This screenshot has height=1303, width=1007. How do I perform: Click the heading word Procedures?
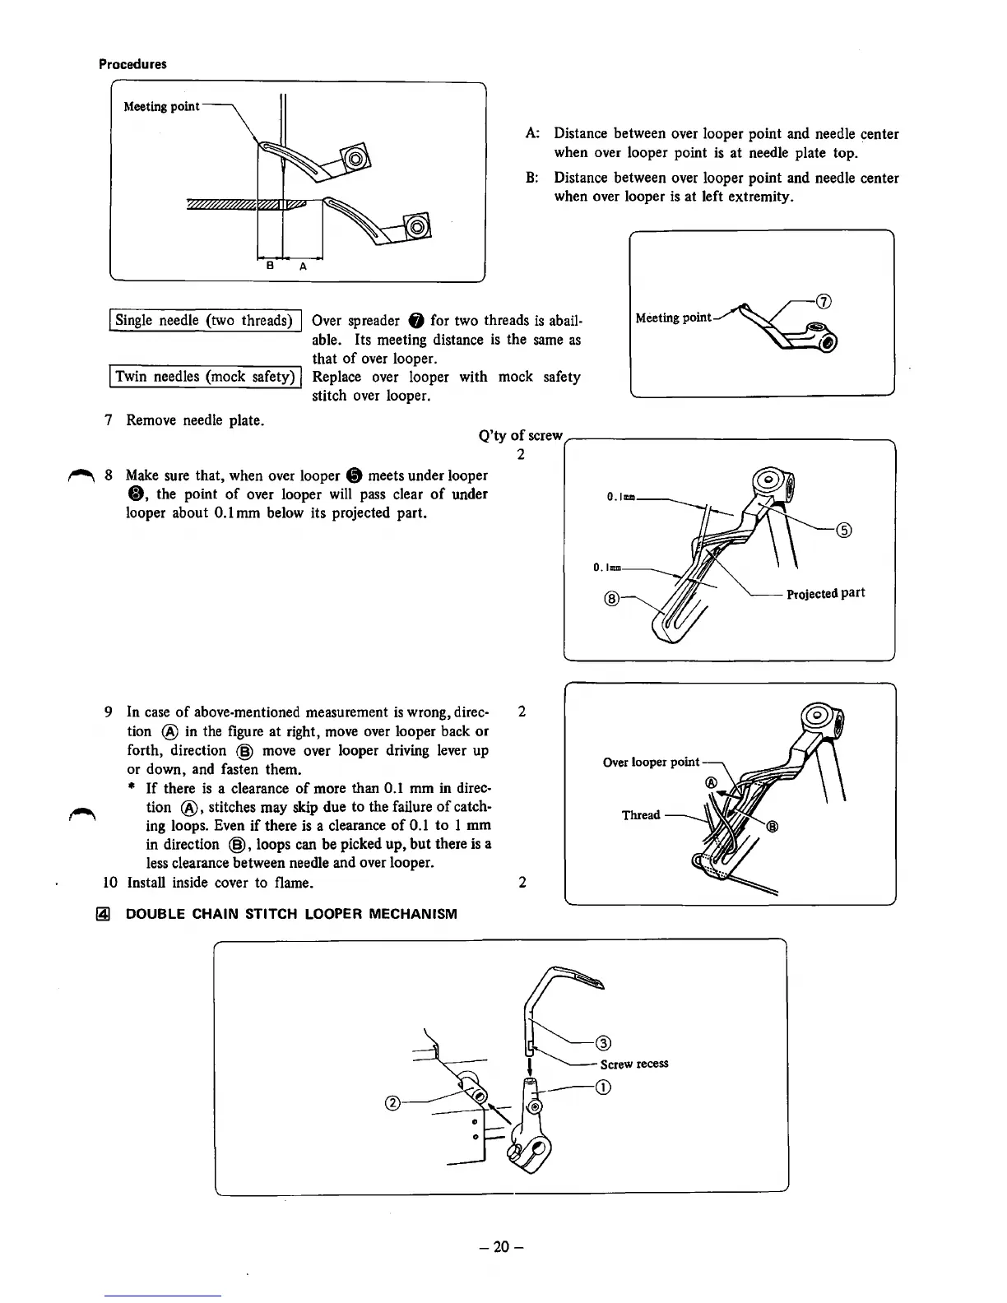(132, 64)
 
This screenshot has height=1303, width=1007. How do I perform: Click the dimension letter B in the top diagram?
(269, 267)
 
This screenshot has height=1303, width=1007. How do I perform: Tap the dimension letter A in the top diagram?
(303, 267)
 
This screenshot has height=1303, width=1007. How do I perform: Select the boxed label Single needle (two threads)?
(204, 321)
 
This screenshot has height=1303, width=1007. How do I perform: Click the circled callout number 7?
(826, 299)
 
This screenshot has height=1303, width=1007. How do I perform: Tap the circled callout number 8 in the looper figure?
(610, 599)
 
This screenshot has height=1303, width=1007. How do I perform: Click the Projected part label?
(825, 594)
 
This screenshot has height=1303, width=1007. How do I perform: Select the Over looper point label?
(651, 763)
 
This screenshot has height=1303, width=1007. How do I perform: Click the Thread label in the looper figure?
(641, 815)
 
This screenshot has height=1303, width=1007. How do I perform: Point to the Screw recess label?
(634, 1064)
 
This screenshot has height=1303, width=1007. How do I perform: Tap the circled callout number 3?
(602, 1045)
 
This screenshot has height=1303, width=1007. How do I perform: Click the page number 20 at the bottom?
(503, 1247)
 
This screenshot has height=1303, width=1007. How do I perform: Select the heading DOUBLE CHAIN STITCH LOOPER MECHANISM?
(290, 914)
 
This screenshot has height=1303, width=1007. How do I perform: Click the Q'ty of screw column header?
(520, 436)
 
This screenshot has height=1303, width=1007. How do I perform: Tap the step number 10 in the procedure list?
(110, 883)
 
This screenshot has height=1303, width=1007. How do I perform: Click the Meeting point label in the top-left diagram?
(161, 107)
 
